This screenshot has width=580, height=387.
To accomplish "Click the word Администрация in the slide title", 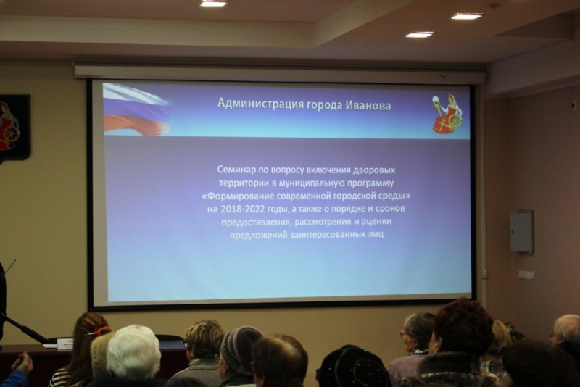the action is [260, 104].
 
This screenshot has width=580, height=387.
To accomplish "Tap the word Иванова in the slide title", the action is [368, 105].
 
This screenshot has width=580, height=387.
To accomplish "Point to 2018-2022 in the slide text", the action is [243, 209].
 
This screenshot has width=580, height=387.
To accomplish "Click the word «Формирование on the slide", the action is [239, 196].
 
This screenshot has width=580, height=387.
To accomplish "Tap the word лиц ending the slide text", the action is [376, 234].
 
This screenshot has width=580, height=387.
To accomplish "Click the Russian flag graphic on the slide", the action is [136, 109].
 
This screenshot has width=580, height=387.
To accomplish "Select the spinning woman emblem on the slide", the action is [447, 113].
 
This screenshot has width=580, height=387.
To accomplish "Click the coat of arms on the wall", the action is [14, 128].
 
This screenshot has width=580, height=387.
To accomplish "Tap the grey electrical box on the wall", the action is [521, 232].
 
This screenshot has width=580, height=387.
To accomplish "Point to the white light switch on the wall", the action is [526, 275].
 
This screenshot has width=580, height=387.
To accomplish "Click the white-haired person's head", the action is [133, 351].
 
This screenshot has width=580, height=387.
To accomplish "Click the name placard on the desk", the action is [65, 344].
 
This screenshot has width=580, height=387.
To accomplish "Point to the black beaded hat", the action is [353, 367].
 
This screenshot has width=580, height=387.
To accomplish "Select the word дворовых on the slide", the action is [374, 170].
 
